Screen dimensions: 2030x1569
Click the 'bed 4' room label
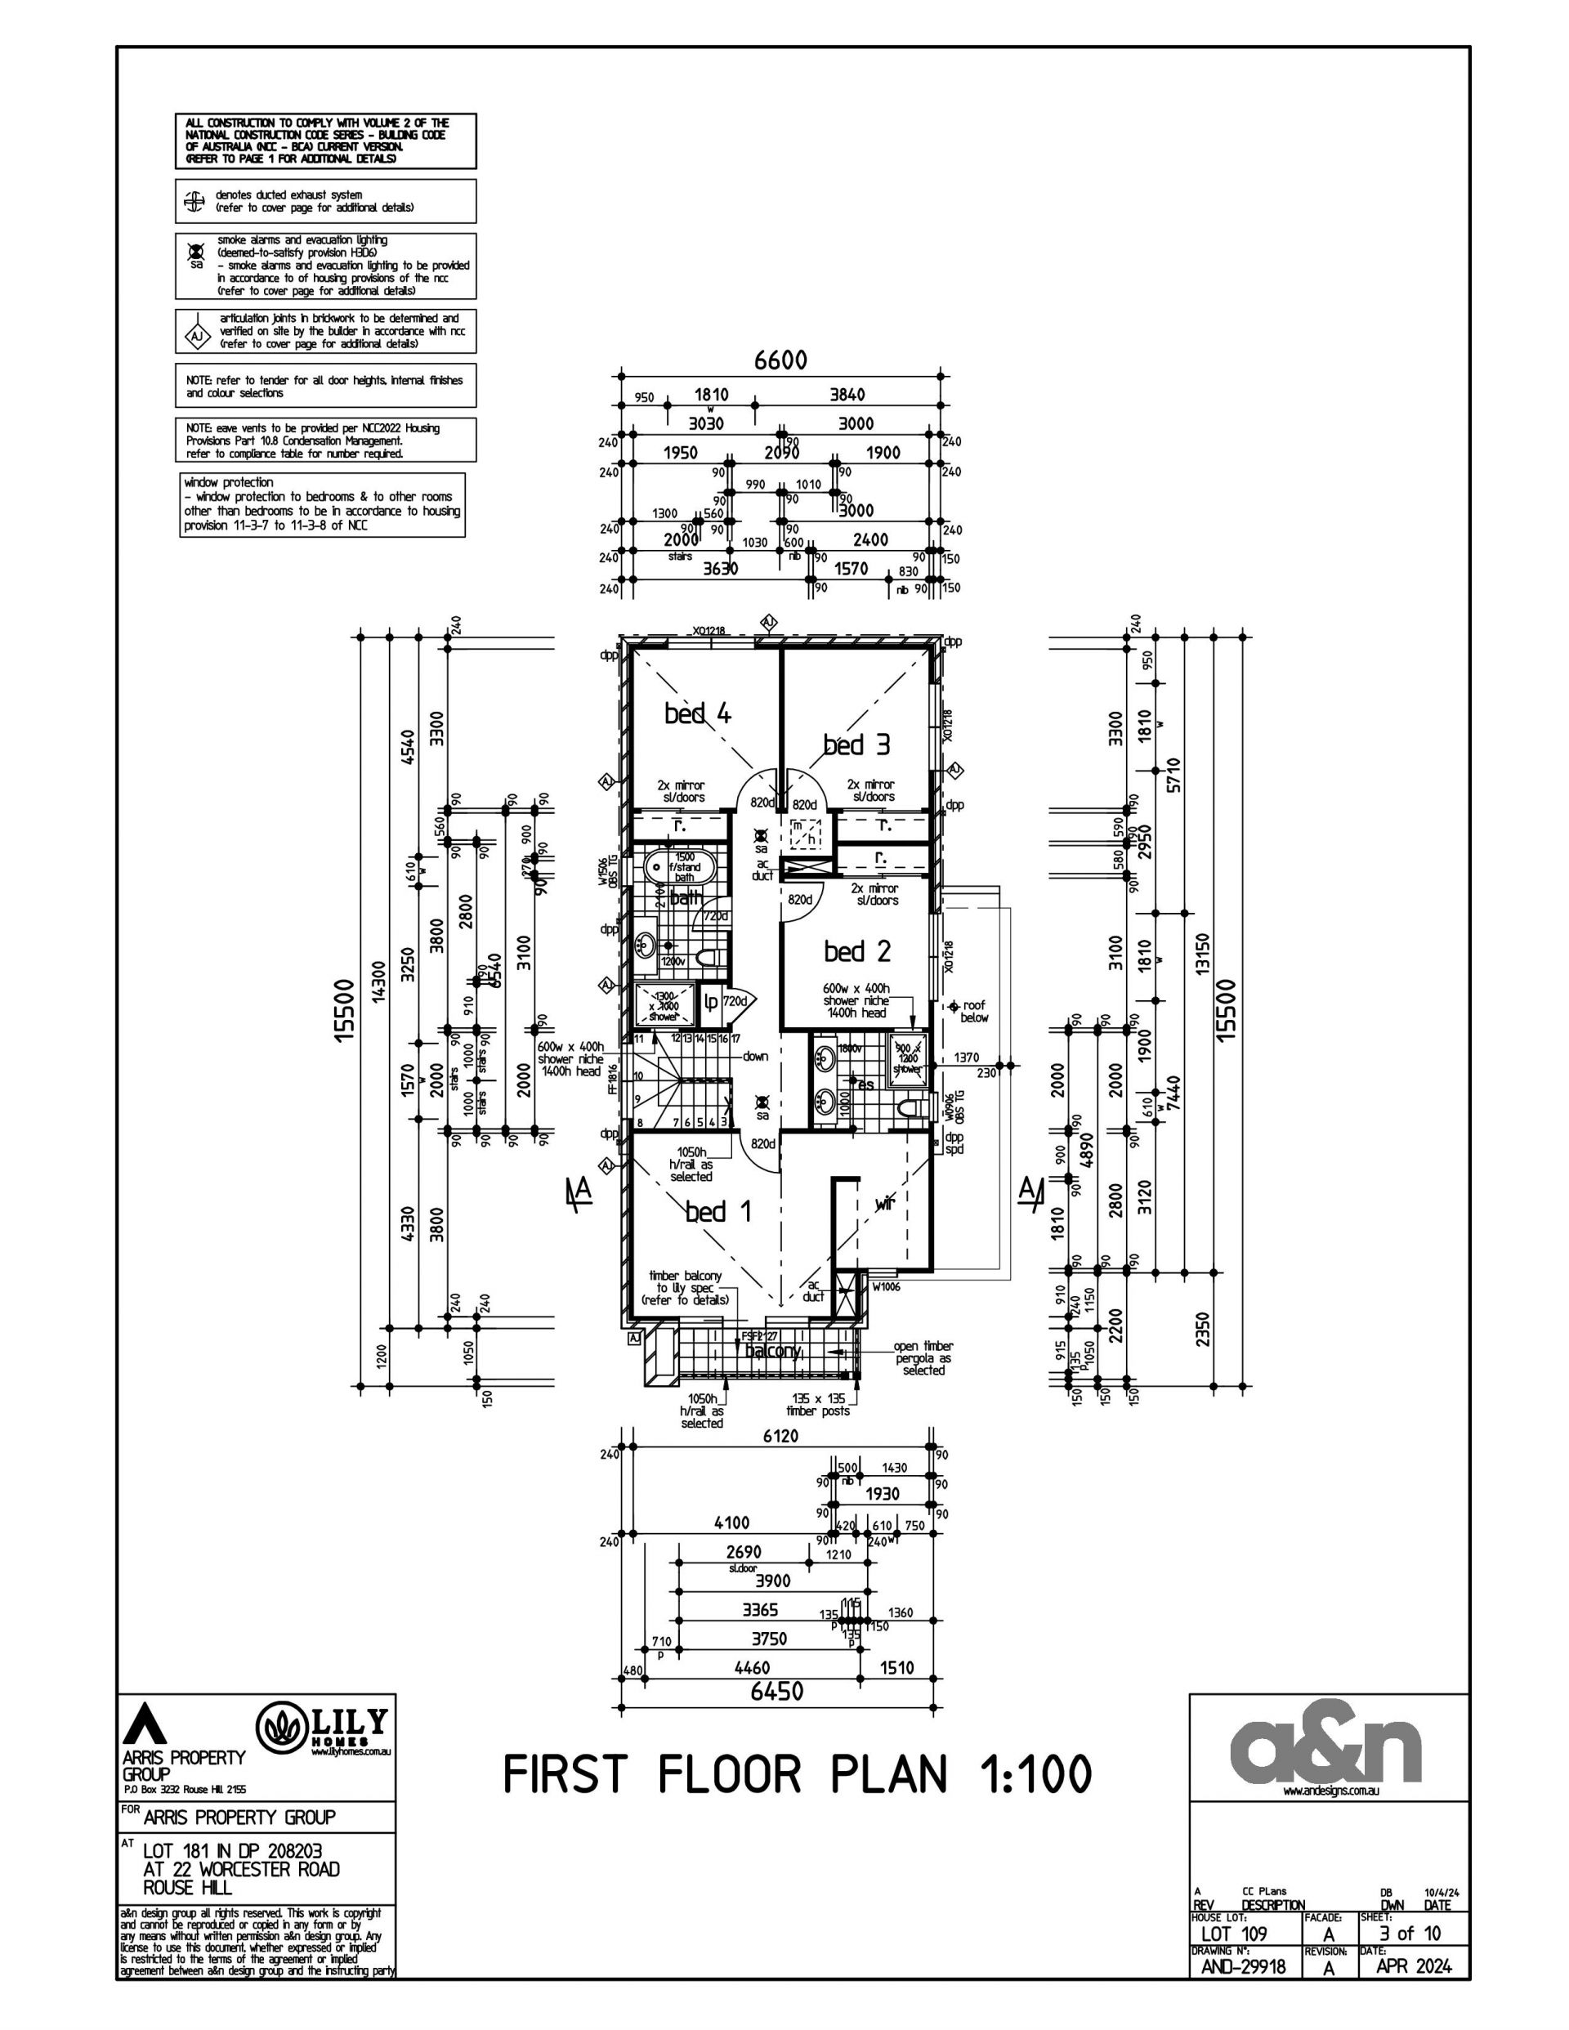pyautogui.click(x=697, y=713)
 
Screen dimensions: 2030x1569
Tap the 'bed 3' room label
pyautogui.click(x=856, y=744)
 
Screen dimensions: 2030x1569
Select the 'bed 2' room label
pyautogui.click(x=856, y=951)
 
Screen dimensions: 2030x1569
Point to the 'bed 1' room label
pyautogui.click(x=718, y=1211)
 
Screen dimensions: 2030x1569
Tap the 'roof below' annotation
pyautogui.click(x=973, y=1011)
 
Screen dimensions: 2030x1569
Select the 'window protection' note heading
pyautogui.click(x=229, y=482)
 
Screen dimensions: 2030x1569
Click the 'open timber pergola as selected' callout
pyautogui.click(x=923, y=1358)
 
